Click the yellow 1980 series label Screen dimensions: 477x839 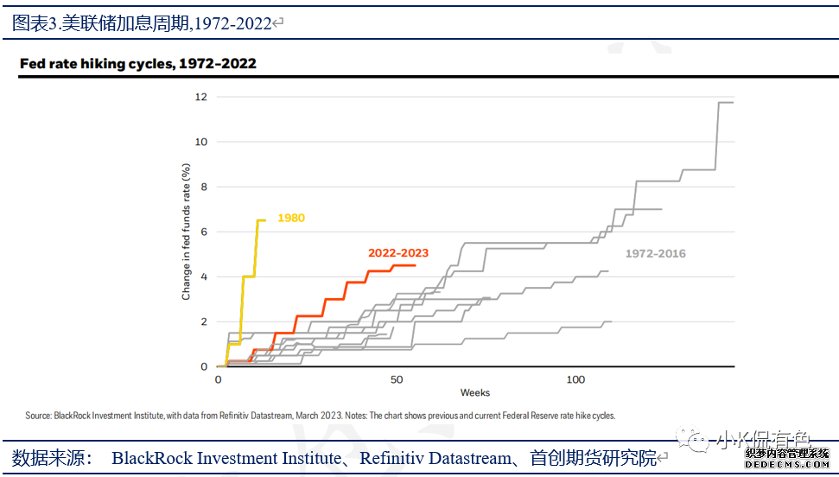[291, 219]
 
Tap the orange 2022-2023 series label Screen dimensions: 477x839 [398, 253]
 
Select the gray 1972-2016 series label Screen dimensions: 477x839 [656, 253]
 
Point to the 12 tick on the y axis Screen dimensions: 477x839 [201, 97]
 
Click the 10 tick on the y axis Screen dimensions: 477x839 [201, 142]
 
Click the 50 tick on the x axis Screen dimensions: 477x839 [397, 380]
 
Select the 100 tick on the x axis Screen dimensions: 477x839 [576, 380]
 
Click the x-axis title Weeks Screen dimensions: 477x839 [475, 393]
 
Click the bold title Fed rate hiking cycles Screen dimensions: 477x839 [138, 64]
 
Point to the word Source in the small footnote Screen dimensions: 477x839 [38, 416]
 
